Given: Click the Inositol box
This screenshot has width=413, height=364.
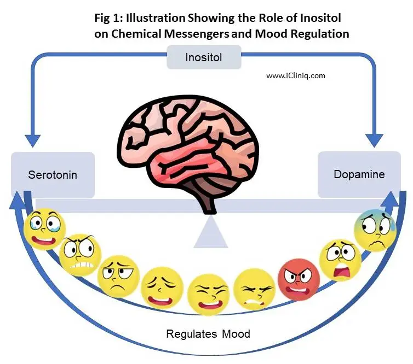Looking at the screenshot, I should click(203, 57).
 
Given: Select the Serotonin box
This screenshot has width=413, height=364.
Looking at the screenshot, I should click(53, 175).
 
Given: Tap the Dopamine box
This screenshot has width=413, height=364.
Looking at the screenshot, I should click(359, 174).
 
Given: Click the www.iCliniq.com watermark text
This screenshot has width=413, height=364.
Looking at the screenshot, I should click(296, 76).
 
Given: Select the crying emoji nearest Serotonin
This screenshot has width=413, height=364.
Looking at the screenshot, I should click(44, 228).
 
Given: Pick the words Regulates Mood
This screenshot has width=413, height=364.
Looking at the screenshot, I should click(208, 333).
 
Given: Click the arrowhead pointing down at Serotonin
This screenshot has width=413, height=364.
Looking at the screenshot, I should click(32, 141).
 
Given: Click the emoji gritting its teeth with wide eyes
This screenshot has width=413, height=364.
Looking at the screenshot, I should click(79, 255).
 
